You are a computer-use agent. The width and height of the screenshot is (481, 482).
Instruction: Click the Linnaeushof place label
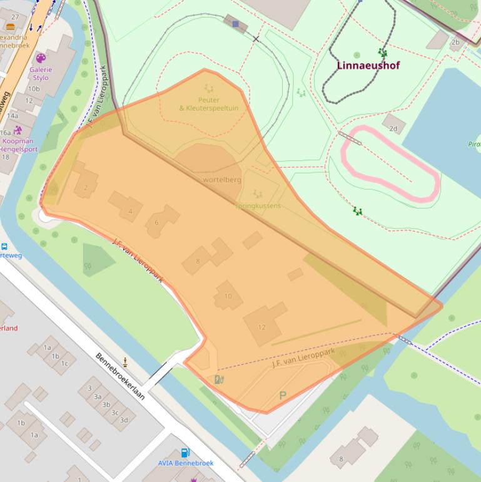click(368, 65)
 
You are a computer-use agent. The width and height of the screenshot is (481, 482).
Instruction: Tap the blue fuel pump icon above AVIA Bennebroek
click(185, 453)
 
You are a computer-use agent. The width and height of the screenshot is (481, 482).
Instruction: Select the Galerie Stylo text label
click(40, 74)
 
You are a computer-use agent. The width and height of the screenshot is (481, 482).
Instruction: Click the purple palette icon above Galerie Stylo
click(41, 58)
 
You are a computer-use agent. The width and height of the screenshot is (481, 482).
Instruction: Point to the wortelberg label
click(221, 180)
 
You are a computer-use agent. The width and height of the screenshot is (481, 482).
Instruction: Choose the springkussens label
click(258, 205)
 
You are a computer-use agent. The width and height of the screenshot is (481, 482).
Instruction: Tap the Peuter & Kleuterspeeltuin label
click(208, 104)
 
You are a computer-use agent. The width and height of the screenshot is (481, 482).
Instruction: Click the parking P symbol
click(283, 396)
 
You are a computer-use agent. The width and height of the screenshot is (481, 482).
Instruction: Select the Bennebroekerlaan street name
click(120, 376)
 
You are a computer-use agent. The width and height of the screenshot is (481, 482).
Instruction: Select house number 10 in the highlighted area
click(228, 296)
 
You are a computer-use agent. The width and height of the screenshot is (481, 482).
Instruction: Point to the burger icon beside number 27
click(11, 27)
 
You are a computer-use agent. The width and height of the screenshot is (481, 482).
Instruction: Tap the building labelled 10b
click(33, 89)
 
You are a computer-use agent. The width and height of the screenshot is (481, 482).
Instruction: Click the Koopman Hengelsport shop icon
click(18, 130)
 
